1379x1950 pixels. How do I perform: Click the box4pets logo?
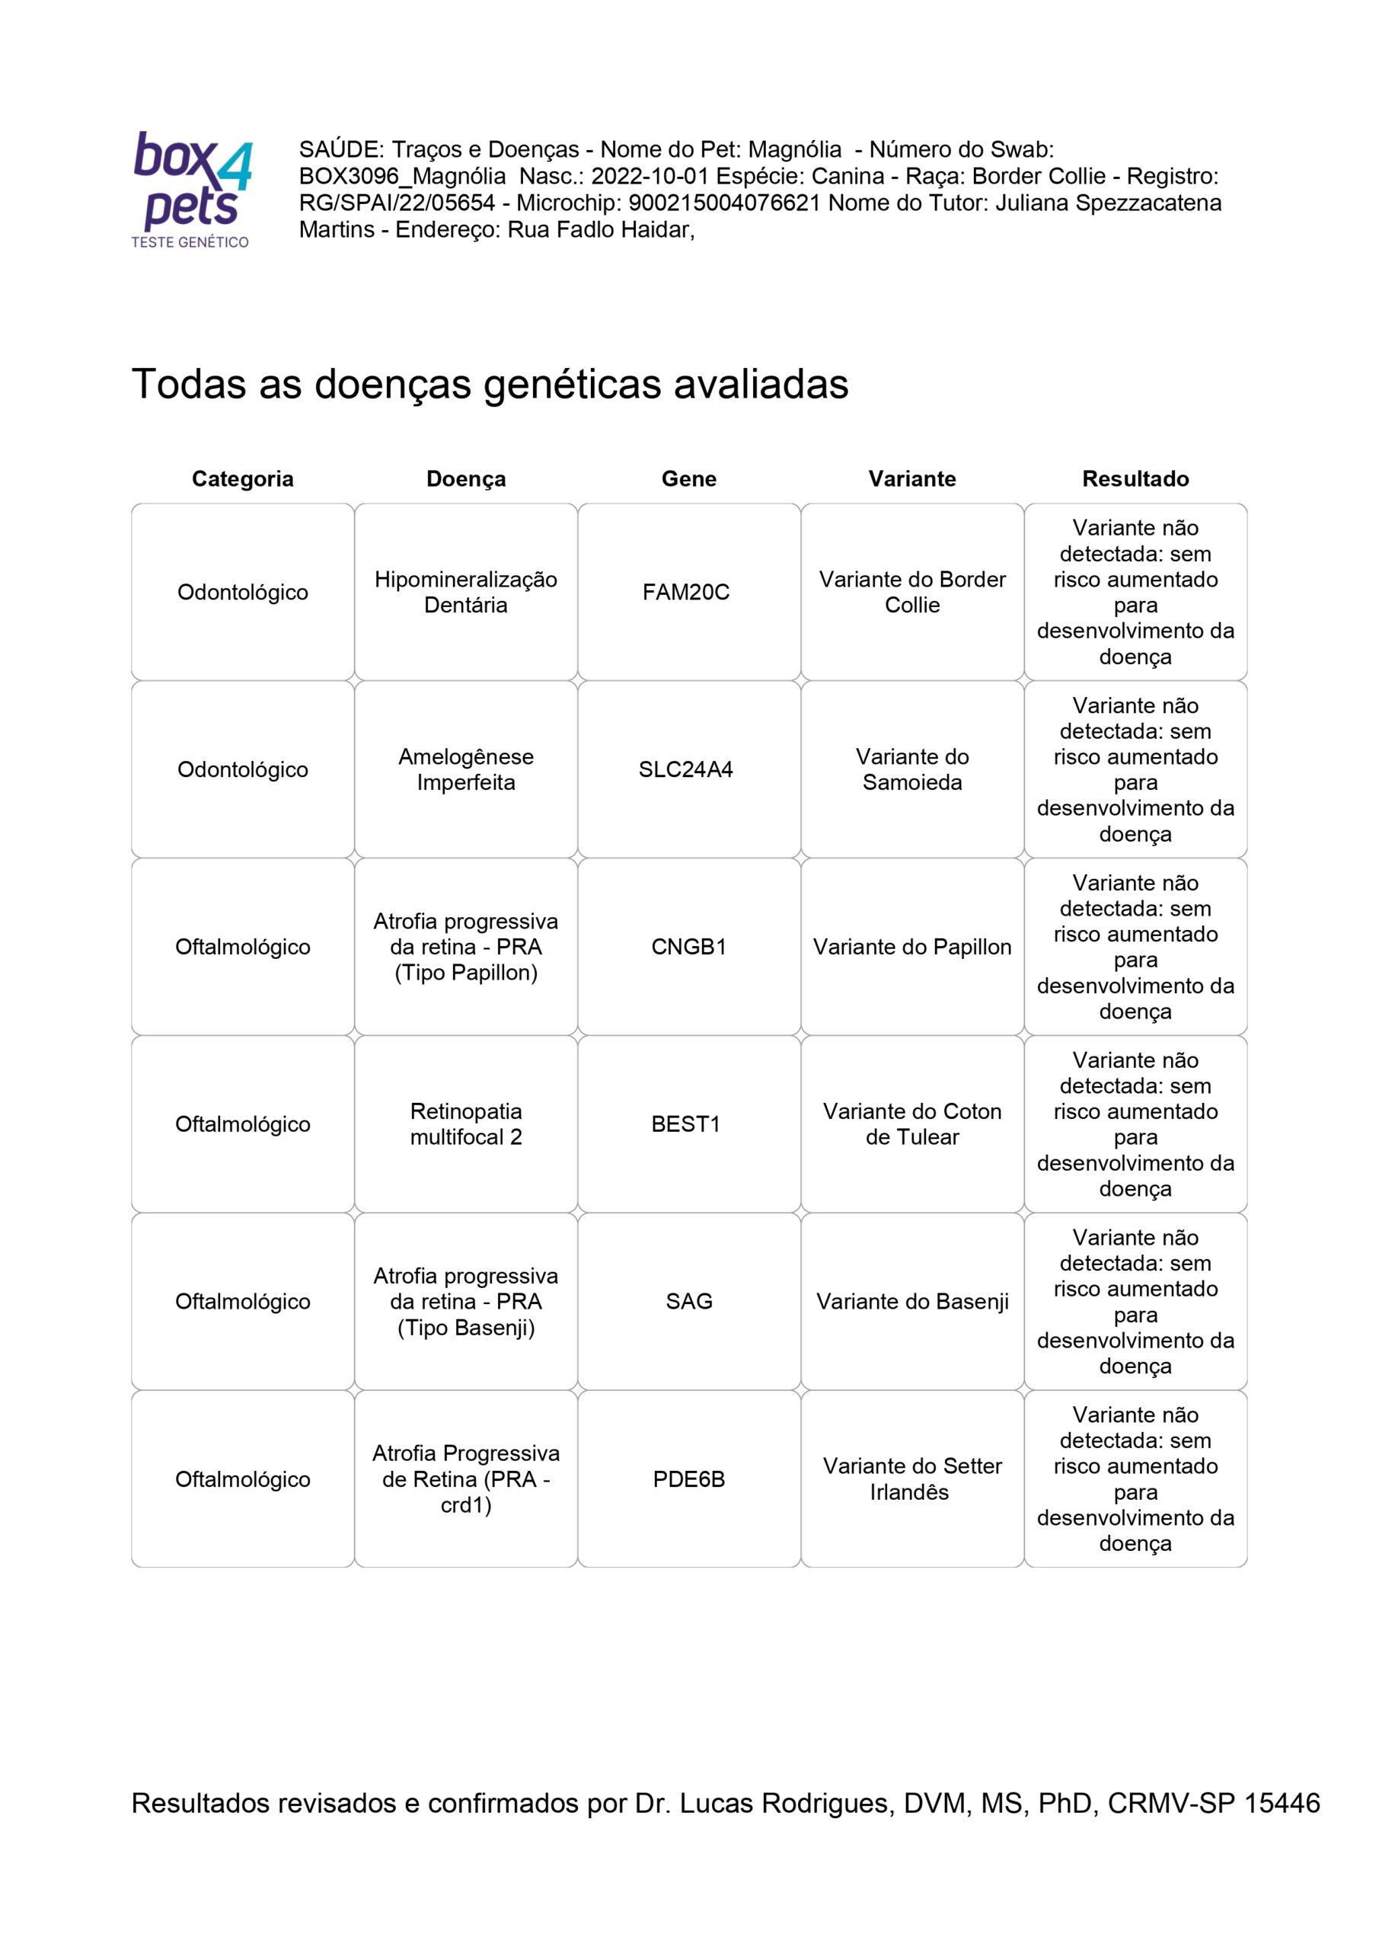tap(192, 190)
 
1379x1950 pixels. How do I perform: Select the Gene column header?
tap(688, 479)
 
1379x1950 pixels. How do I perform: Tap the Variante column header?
tap(912, 479)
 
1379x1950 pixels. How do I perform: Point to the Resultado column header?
tap(1135, 479)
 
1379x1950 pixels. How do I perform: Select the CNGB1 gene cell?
tap(688, 947)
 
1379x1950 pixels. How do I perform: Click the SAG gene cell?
tap(688, 1301)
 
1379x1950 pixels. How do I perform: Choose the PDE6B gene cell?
tap(688, 1478)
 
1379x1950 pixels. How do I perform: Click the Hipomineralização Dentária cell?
tap(466, 592)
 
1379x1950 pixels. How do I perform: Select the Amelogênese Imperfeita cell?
tap(466, 769)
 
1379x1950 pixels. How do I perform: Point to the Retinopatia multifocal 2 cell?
tap(466, 1124)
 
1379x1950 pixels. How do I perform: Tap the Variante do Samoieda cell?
tap(912, 769)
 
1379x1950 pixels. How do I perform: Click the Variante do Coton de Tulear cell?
tap(912, 1124)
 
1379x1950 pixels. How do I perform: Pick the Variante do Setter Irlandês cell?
tap(912, 1478)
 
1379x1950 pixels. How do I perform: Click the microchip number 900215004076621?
tap(724, 203)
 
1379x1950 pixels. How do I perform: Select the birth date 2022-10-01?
tap(650, 177)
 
